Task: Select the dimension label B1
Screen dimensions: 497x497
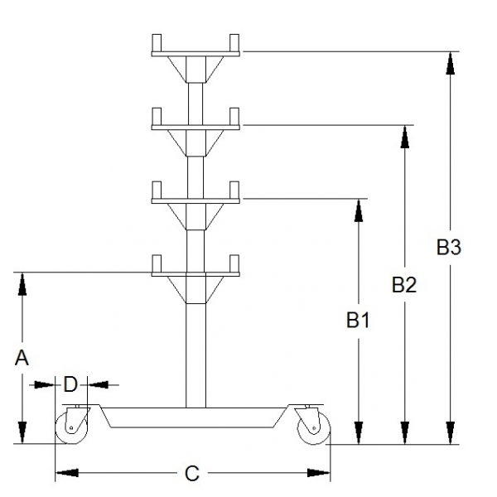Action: (358, 320)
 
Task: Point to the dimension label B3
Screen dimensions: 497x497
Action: (449, 246)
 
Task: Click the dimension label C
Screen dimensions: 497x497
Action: (192, 473)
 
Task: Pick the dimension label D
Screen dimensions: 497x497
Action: (70, 384)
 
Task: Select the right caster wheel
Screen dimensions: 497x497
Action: (314, 430)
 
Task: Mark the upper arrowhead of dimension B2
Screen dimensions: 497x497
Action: (404, 138)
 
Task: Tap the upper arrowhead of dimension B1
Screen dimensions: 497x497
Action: (359, 210)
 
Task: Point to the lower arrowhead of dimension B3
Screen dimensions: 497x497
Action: (450, 432)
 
